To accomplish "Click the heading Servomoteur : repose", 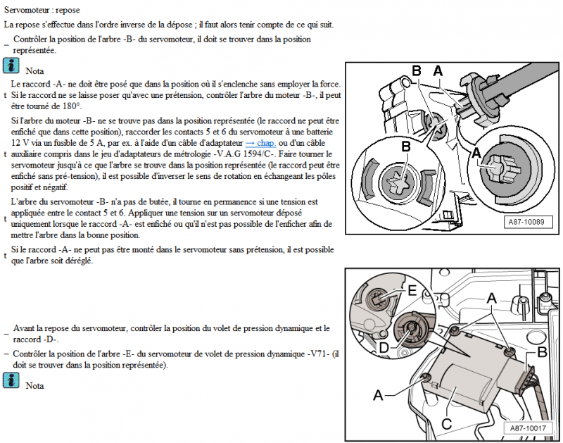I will [x=42, y=11].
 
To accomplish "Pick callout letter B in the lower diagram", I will [x=543, y=351].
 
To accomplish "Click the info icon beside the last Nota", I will [x=11, y=381].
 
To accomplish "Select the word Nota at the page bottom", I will [x=34, y=386].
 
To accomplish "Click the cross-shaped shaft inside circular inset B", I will [x=396, y=185].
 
